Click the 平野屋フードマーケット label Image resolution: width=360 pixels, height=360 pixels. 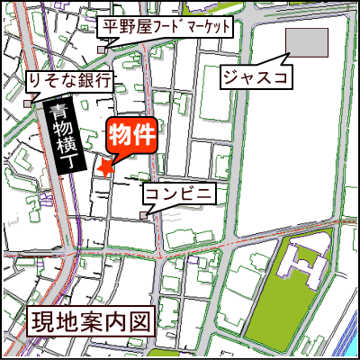[169, 26]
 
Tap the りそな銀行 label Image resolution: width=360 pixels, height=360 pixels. [69, 81]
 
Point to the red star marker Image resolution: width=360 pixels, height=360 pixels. [105, 167]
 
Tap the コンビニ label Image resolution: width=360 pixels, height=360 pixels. [178, 193]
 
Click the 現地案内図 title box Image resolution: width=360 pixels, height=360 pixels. [83, 320]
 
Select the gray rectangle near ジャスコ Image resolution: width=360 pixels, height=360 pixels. [307, 41]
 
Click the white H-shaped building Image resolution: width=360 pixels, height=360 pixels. [301, 265]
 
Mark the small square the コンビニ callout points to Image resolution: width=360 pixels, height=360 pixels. [144, 214]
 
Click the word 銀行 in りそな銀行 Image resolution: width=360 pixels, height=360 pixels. [94, 81]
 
